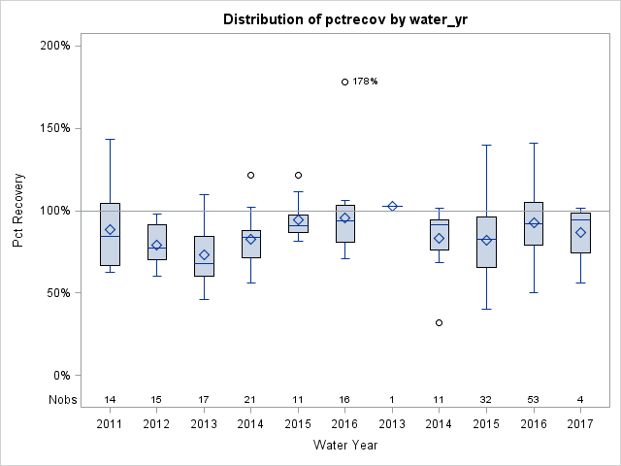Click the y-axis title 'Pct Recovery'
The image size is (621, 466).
18,211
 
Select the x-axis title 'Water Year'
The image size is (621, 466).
345,445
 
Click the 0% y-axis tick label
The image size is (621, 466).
60,376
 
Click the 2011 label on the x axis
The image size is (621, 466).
110,424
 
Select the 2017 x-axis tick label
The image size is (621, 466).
580,424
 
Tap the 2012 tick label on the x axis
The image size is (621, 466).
156,424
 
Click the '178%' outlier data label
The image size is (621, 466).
365,82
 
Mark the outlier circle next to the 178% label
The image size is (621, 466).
345,82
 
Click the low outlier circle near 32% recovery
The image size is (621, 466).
440,322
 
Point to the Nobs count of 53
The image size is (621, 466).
534,399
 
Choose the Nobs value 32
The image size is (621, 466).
486,399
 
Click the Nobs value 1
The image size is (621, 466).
392,399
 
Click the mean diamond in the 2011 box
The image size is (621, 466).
110,230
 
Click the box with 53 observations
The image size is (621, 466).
534,223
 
